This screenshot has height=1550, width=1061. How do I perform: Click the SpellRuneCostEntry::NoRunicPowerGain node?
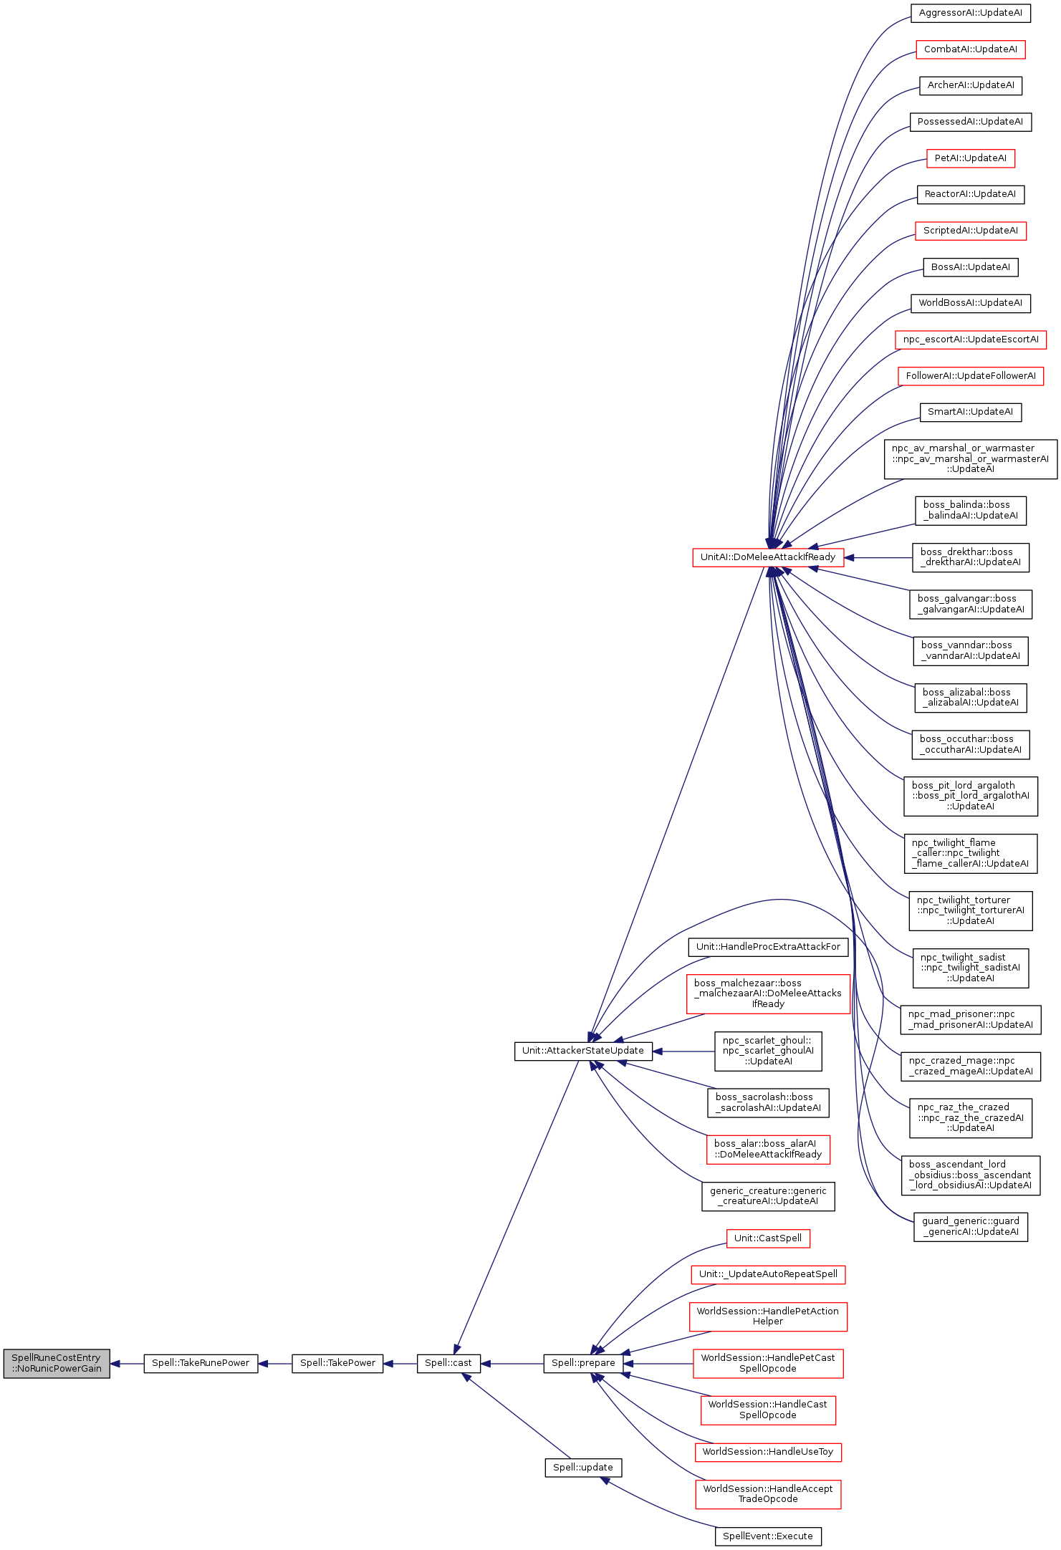[x=57, y=1363]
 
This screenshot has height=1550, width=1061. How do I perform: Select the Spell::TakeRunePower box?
[x=201, y=1363]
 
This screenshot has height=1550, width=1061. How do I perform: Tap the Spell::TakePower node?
[x=337, y=1363]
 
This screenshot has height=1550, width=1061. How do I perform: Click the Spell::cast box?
[x=448, y=1363]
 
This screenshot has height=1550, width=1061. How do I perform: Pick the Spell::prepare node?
[x=583, y=1363]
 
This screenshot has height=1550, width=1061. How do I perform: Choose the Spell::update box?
[x=583, y=1468]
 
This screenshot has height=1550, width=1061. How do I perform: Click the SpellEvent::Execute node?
[x=768, y=1536]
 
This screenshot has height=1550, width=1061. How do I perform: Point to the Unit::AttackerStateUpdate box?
[x=583, y=1051]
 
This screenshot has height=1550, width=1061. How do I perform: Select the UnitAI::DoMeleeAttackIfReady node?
[x=768, y=557]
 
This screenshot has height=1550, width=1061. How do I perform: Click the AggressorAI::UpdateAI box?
[x=971, y=13]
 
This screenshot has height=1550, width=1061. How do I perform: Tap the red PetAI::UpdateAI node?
[x=971, y=158]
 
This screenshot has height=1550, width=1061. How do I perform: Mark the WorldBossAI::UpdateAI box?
[x=971, y=303]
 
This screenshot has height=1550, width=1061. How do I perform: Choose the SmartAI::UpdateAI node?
[x=971, y=412]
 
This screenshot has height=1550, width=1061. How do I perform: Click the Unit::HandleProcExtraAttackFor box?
[x=768, y=947]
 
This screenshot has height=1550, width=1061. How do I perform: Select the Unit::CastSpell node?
[x=768, y=1238]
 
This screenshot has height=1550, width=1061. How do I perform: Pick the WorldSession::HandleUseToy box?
[x=768, y=1452]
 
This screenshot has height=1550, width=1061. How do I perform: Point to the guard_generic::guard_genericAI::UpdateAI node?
[x=971, y=1226]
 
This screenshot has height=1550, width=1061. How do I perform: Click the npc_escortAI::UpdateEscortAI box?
[x=971, y=340]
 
